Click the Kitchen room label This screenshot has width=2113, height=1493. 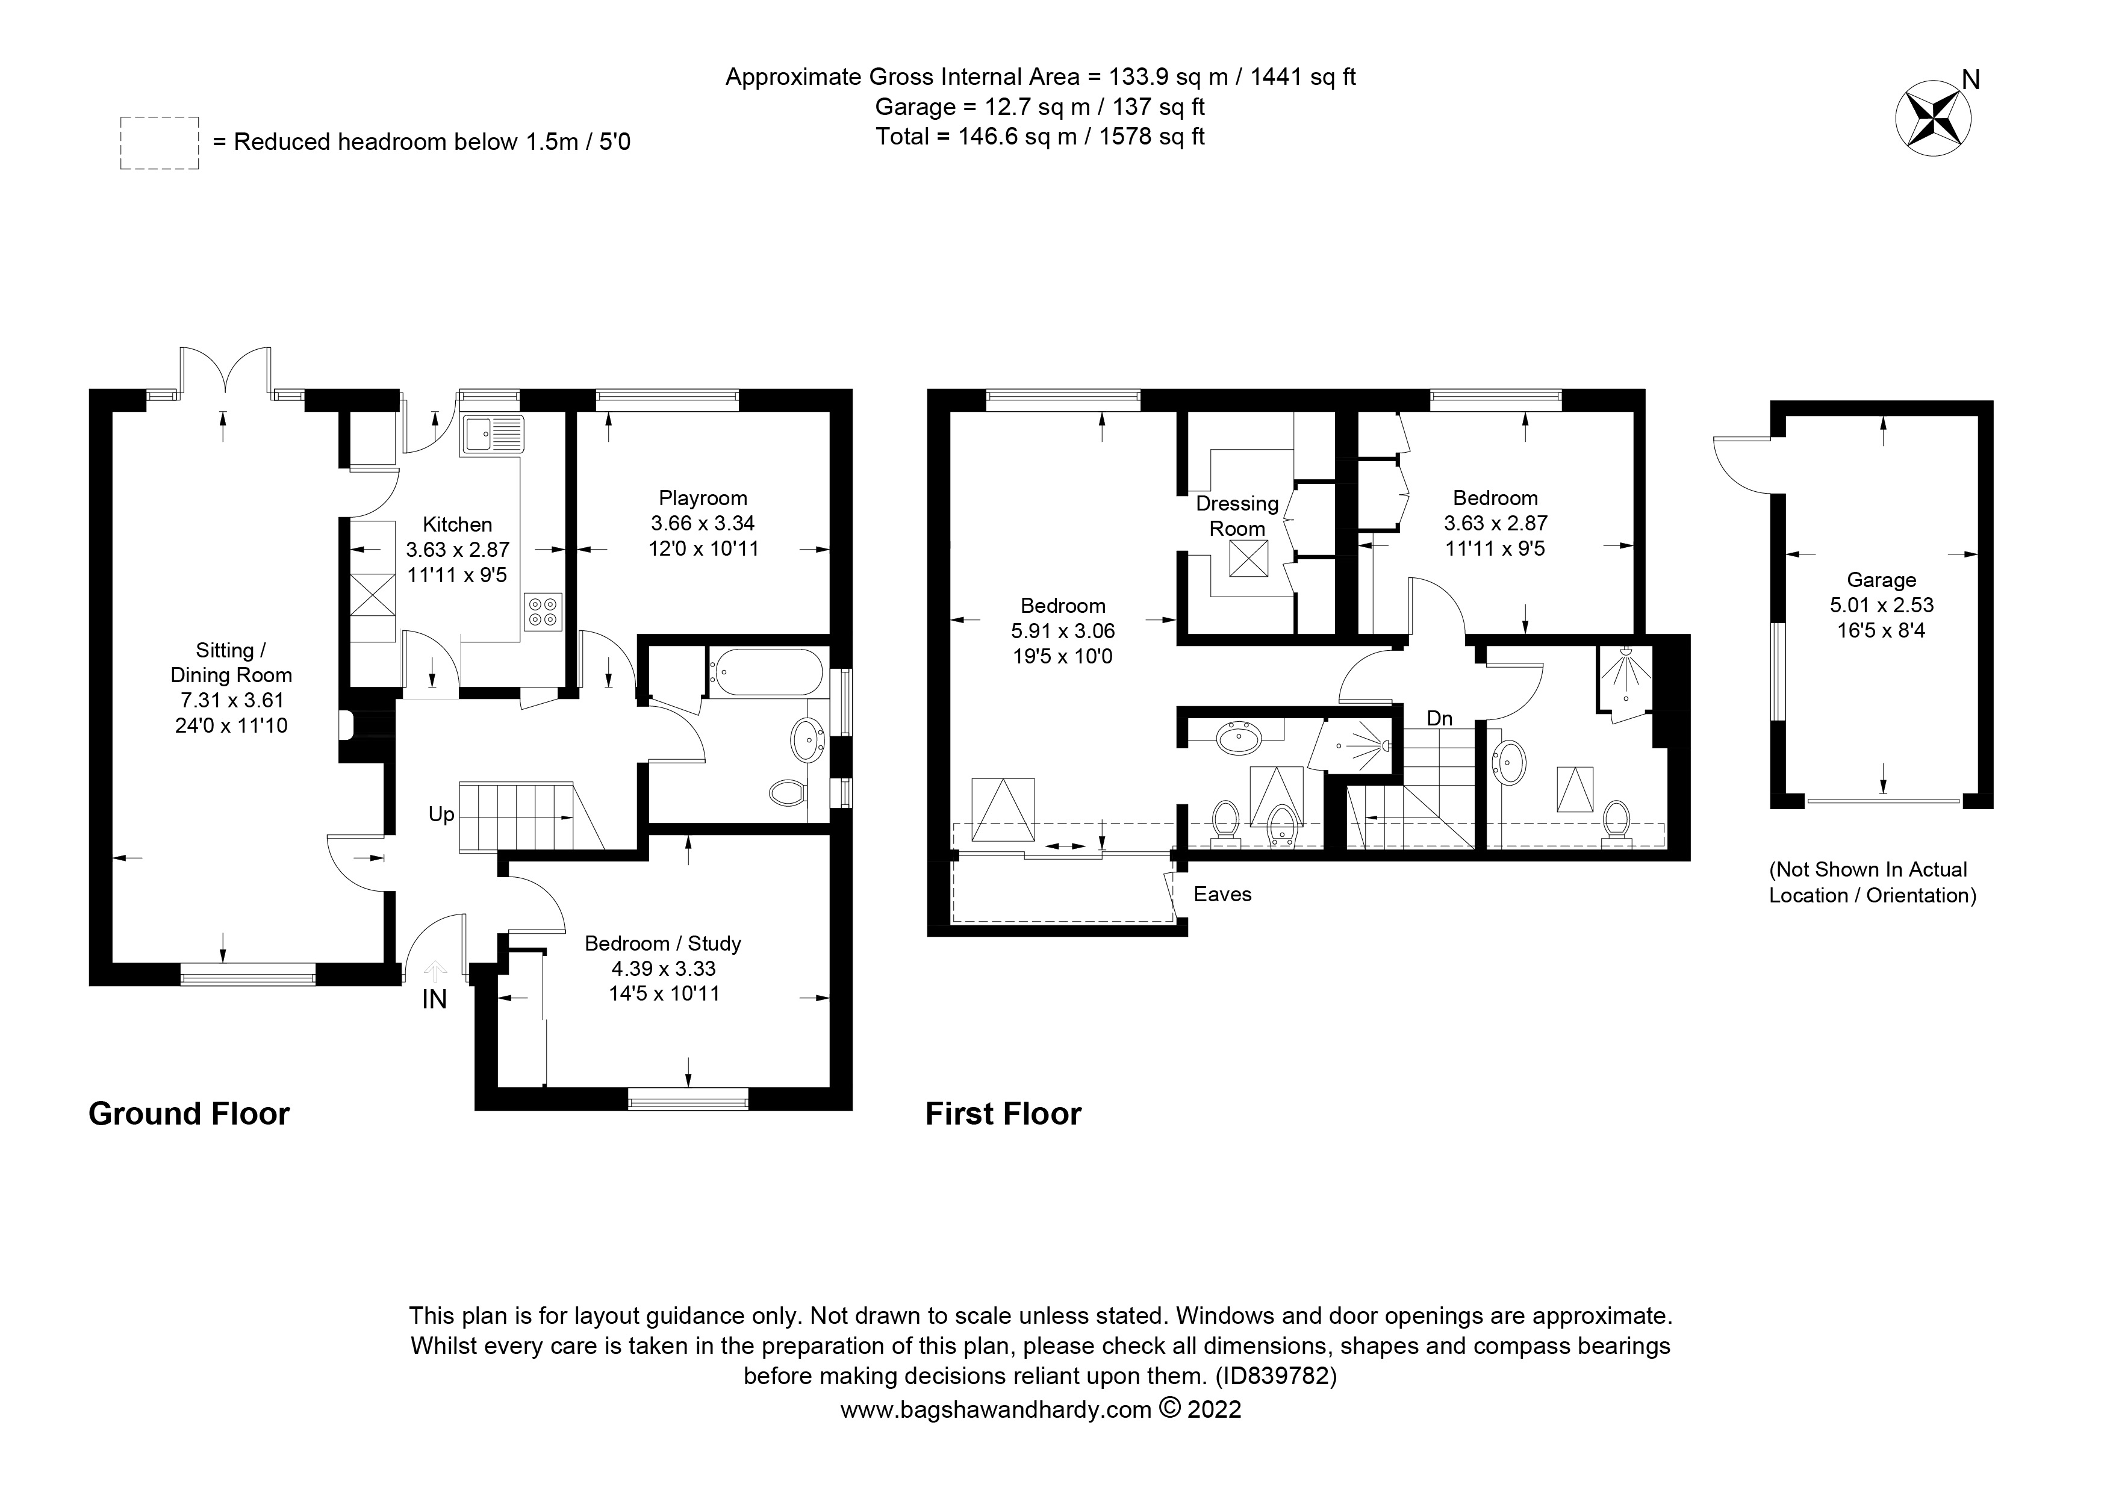point(458,524)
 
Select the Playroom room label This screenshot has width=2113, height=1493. point(703,498)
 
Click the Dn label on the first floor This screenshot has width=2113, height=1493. point(1439,718)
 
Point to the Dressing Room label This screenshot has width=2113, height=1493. point(1237,516)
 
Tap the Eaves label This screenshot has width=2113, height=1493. point(1222,894)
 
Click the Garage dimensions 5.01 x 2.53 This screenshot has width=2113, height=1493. point(1881,605)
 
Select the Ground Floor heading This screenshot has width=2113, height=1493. point(188,1114)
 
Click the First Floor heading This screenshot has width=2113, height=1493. point(1003,1114)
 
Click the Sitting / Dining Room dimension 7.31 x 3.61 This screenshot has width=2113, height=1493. point(231,700)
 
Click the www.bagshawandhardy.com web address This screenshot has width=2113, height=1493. point(996,1409)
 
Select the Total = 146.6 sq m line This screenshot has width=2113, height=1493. point(1040,136)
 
